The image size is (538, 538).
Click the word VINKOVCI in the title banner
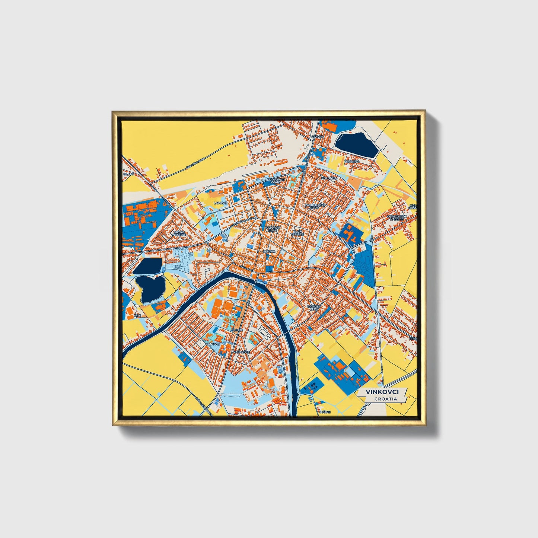tap(382, 392)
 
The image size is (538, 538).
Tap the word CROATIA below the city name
tap(386, 399)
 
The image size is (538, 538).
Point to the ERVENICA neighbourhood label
tap(351, 162)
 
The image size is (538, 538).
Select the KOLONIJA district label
tap(329, 178)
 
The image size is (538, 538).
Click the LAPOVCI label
tap(220, 203)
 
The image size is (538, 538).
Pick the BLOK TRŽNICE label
tap(297, 232)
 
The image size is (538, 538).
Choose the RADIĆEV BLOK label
tap(313, 308)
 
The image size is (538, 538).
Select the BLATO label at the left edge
tap(128, 174)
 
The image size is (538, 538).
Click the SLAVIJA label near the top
tap(318, 137)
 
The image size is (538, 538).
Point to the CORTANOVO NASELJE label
tap(395, 217)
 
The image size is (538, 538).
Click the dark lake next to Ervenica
tap(356, 144)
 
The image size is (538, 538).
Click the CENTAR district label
tap(269, 251)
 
